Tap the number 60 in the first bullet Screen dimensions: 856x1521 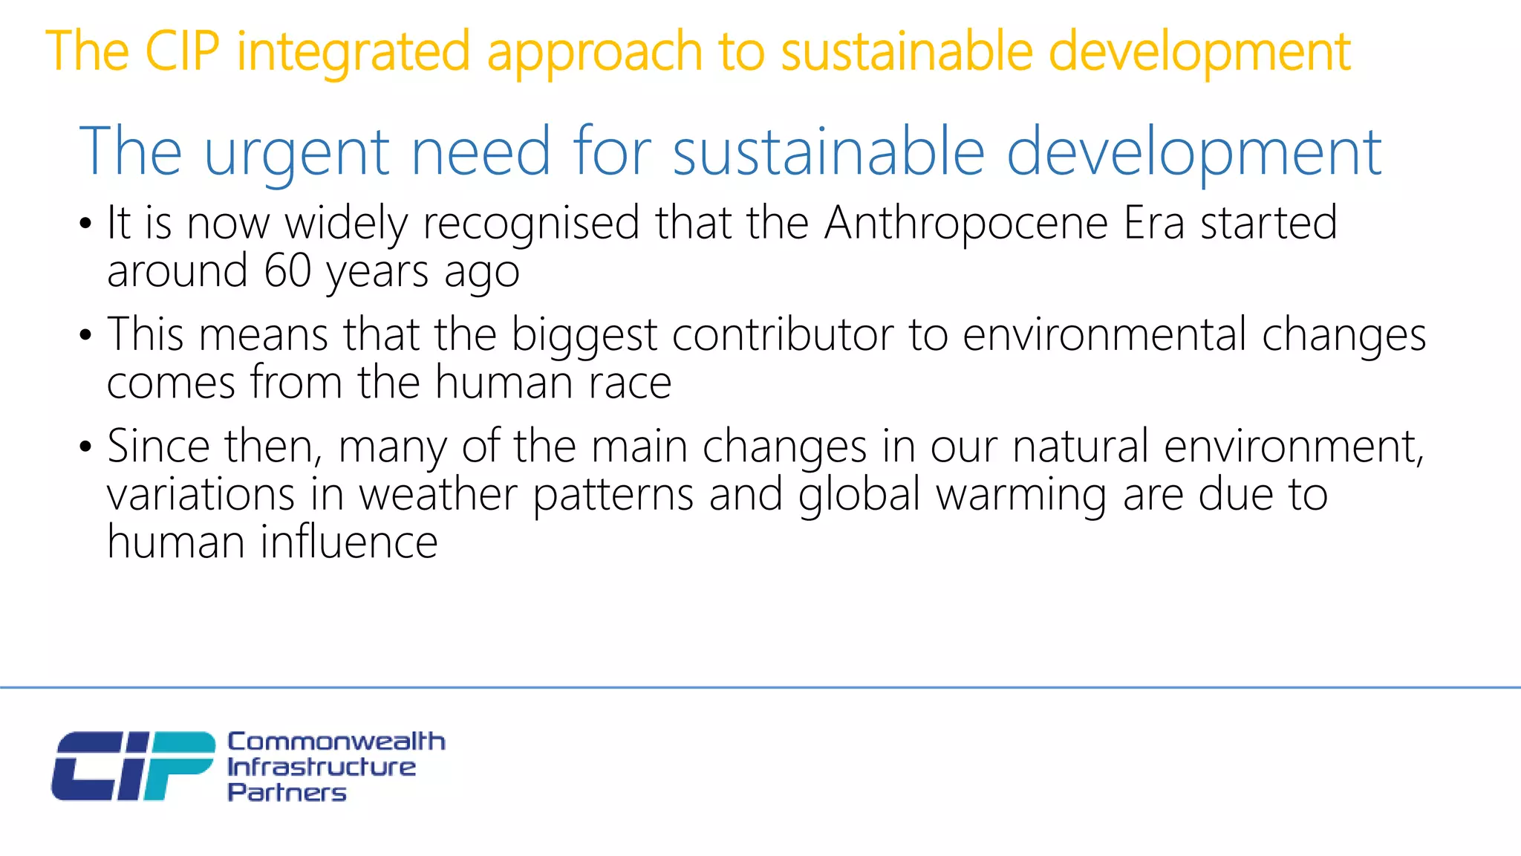coord(287,270)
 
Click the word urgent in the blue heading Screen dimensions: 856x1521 coord(296,152)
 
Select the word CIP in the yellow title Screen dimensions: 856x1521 coord(182,52)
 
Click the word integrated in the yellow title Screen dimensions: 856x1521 coord(354,52)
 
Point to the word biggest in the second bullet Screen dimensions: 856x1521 coord(584,335)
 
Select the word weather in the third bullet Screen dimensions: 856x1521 coord(438,495)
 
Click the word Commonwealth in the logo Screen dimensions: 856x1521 coord(336,742)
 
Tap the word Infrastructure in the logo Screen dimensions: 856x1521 coord(321,767)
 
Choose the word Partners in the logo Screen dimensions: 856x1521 coord(287,793)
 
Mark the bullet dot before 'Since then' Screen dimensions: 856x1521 coord(86,447)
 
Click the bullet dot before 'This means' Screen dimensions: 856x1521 coord(86,336)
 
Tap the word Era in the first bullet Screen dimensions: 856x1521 coord(1153,223)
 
